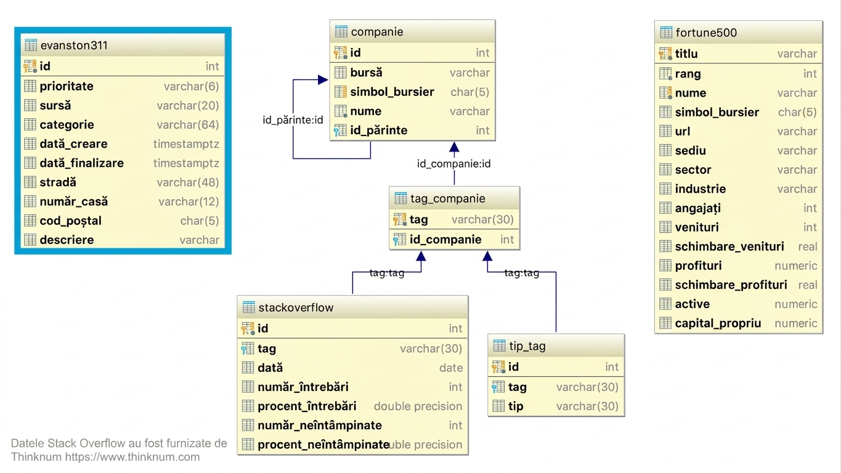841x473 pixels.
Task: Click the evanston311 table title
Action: click(x=74, y=46)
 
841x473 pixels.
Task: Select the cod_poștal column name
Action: click(x=71, y=220)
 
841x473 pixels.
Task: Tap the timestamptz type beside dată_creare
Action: click(x=186, y=144)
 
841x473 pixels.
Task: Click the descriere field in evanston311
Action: click(x=67, y=240)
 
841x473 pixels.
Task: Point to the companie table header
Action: click(x=377, y=32)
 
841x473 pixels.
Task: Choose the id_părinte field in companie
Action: click(x=379, y=131)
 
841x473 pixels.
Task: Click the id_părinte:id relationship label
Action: click(x=293, y=119)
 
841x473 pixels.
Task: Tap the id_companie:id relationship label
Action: click(x=454, y=164)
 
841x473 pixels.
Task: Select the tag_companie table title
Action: click(x=448, y=198)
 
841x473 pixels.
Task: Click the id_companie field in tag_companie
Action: click(x=445, y=240)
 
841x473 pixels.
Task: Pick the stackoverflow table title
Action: click(x=296, y=308)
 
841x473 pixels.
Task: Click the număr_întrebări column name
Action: click(x=303, y=387)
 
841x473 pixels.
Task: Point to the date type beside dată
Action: click(x=451, y=368)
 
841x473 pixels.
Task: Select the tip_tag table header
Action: click(x=527, y=346)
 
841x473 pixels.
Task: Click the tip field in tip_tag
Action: click(x=516, y=406)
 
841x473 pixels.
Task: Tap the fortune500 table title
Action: click(x=706, y=33)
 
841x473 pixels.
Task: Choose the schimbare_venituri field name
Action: click(x=729, y=246)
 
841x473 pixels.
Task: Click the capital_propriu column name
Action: click(x=718, y=323)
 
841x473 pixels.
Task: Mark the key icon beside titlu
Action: click(x=665, y=54)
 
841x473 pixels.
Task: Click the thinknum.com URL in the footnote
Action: click(x=132, y=457)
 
